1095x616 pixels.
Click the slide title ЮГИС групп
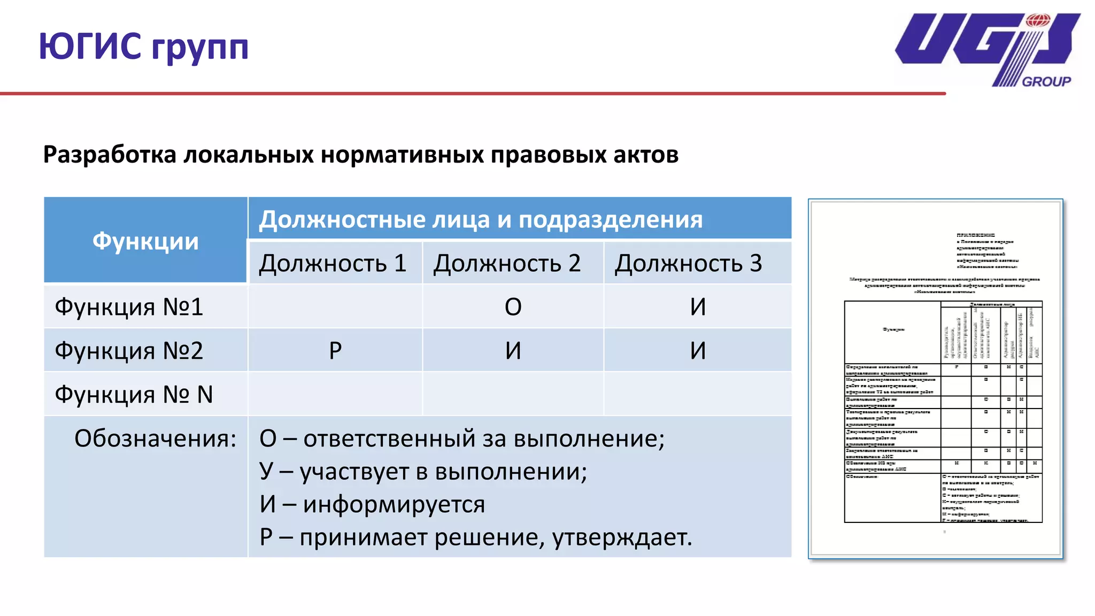[143, 47]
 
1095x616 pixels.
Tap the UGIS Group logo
[987, 49]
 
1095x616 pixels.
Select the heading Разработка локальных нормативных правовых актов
[361, 155]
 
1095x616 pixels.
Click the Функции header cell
[145, 241]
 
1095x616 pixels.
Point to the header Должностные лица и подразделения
[481, 220]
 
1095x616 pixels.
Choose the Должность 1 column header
[333, 263]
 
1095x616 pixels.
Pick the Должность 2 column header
[507, 263]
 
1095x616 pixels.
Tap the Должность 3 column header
[688, 263]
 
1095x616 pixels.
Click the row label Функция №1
[129, 307]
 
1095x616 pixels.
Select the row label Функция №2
[129, 351]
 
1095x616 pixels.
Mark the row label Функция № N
[134, 395]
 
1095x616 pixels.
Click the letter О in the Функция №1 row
[513, 307]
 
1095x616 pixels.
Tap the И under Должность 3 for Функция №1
[698, 307]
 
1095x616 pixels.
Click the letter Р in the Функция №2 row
[335, 351]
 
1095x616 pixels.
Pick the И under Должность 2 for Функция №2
[513, 351]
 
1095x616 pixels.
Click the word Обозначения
[155, 438]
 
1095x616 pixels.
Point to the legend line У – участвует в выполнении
[423, 472]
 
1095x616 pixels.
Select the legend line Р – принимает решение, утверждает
[475, 537]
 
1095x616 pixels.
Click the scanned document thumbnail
[936, 379]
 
